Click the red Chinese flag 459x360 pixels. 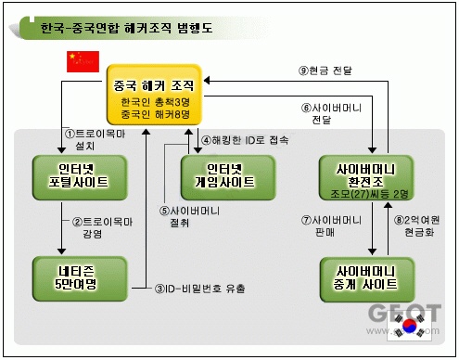83,61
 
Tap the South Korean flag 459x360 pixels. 410,327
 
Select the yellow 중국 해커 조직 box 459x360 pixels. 154,95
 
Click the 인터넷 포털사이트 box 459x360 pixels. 80,177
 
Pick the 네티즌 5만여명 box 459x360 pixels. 80,278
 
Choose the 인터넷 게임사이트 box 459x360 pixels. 228,177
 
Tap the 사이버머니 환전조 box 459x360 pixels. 366,177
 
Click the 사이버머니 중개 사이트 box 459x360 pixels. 367,279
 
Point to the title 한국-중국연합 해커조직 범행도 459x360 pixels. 126,28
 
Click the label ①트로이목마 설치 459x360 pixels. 95,139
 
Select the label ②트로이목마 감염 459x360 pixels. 102,227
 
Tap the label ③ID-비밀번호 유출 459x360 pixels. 199,289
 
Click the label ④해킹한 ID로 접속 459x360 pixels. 245,140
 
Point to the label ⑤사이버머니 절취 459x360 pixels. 189,216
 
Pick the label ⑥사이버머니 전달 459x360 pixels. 331,113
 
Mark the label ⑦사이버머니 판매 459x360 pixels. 331,226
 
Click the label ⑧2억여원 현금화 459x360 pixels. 416,226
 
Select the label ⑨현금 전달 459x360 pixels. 325,71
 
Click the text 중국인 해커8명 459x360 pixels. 155,114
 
